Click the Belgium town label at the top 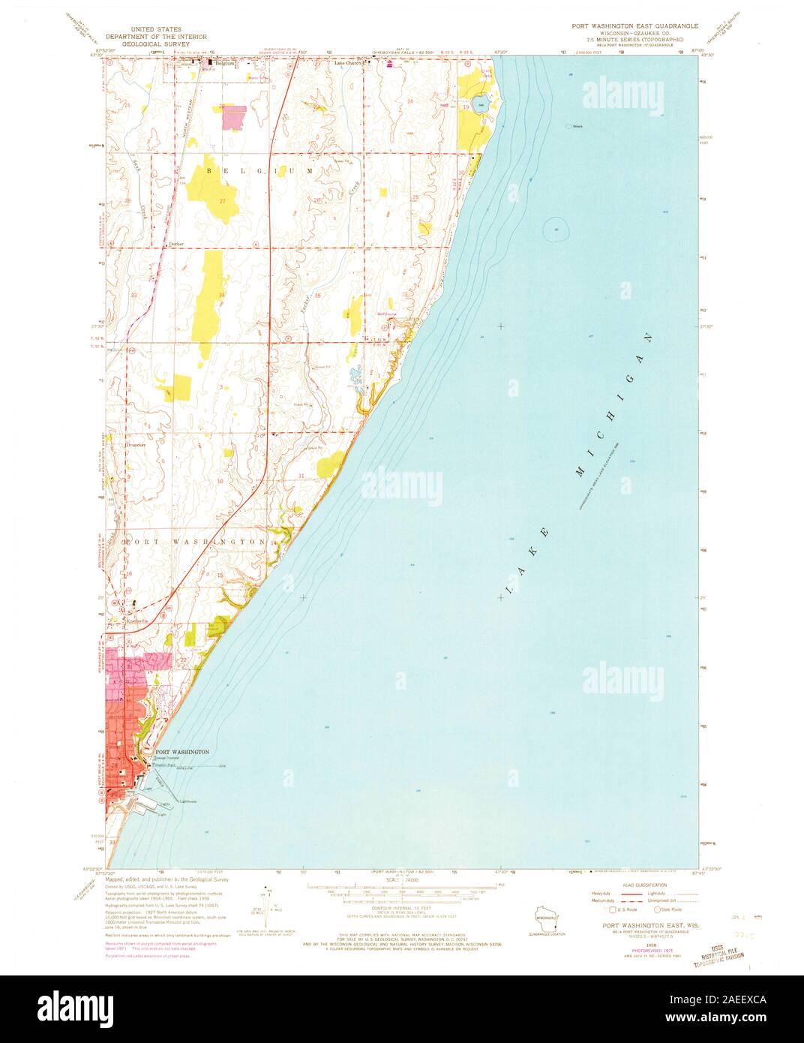point(224,64)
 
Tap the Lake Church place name point(347,64)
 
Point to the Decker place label point(176,245)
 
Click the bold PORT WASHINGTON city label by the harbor point(182,751)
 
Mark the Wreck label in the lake point(577,126)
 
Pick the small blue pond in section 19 point(480,104)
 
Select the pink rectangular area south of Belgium point(233,116)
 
